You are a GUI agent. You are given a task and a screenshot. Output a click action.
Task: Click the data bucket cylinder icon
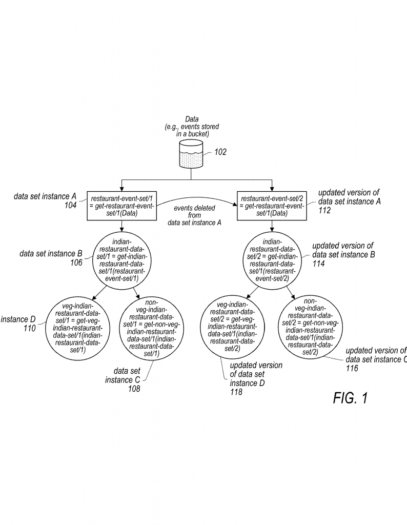tap(192, 155)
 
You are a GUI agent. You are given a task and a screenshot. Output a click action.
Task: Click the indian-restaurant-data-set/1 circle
tap(121, 260)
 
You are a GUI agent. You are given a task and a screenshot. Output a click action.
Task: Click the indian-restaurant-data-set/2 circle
tap(272, 260)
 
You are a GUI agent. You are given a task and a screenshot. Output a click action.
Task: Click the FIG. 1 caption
tap(350, 398)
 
